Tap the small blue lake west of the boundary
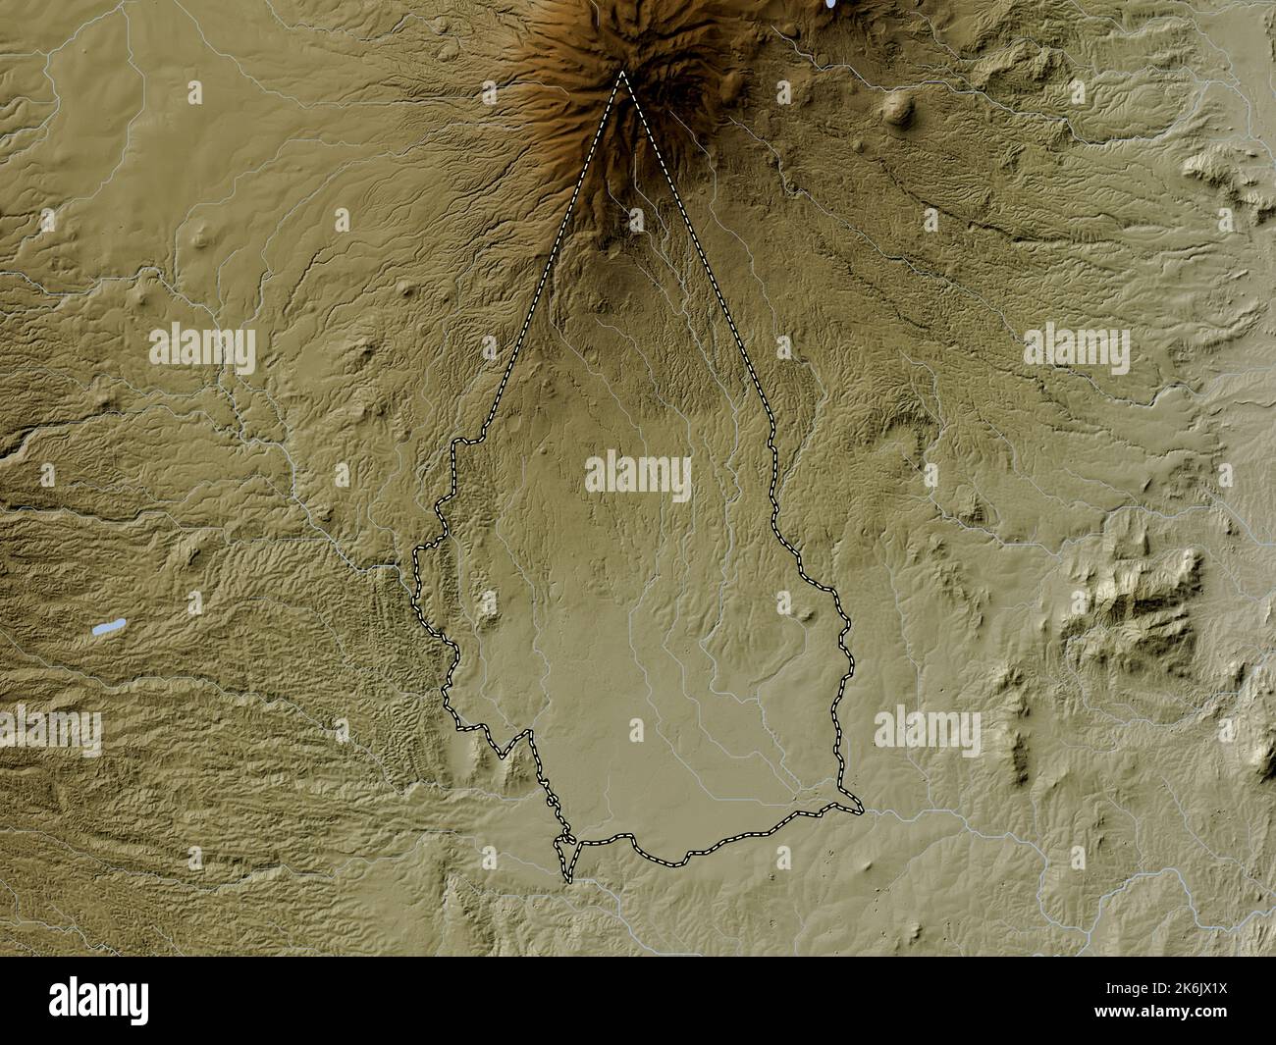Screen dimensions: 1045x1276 pos(103,627)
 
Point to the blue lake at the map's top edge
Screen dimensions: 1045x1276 pos(832,4)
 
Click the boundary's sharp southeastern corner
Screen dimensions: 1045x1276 pos(861,810)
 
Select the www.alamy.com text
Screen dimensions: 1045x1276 pos(1198,1017)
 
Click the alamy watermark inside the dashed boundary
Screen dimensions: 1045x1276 pos(638,476)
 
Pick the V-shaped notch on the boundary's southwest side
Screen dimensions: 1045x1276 pos(503,755)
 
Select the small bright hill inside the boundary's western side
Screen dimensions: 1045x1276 pos(488,600)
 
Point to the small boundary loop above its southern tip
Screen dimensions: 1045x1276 pos(564,839)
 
